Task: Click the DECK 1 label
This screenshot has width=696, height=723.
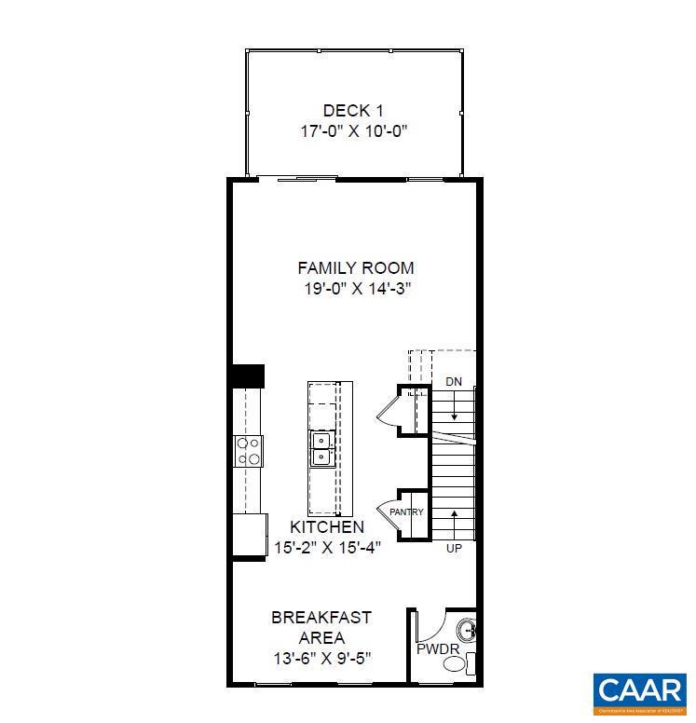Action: coord(354,110)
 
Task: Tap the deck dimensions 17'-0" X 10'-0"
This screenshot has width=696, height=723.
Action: coord(354,130)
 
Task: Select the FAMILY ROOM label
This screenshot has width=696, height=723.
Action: coord(356,268)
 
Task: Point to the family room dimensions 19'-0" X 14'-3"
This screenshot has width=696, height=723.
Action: coord(356,289)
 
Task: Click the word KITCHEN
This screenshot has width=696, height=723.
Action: coord(326,527)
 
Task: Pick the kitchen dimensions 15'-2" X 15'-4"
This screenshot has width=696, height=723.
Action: coord(326,547)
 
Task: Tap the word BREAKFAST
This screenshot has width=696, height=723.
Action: coord(321,617)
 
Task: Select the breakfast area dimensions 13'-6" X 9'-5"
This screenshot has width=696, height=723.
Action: coord(321,658)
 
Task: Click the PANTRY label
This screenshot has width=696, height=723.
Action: coord(406,512)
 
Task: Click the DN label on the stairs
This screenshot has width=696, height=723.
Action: coord(454,382)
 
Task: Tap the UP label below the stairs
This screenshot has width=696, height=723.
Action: coord(454,548)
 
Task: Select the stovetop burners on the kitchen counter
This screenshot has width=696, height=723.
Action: coord(248,451)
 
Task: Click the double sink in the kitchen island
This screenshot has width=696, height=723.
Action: coord(321,448)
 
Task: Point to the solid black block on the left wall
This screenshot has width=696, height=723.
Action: coord(248,375)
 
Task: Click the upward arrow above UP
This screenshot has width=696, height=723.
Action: coord(454,522)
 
